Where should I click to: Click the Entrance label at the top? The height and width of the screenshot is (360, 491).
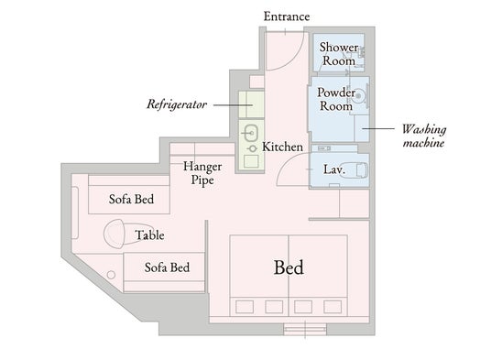click(287, 16)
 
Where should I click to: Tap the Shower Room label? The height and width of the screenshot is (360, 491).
click(339, 54)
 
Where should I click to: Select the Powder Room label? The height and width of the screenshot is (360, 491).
click(336, 99)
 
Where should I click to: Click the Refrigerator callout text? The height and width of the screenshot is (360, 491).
click(177, 104)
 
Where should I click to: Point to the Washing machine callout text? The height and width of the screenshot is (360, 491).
click(424, 136)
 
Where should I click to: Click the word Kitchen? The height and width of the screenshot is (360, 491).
click(282, 147)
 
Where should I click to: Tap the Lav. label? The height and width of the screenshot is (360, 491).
click(334, 169)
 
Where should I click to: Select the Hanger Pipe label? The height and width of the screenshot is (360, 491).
click(202, 173)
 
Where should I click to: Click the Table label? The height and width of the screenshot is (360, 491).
click(149, 235)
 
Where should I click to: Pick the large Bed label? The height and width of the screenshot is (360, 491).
click(289, 267)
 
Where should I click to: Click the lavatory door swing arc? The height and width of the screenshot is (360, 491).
click(287, 163)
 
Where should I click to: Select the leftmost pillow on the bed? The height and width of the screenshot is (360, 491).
click(245, 307)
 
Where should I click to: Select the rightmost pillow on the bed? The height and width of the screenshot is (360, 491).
click(333, 307)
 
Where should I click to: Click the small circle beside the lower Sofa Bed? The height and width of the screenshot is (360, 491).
click(111, 275)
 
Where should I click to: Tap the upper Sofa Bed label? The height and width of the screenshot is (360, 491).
click(131, 199)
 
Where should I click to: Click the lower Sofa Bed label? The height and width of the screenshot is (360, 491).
click(167, 267)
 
